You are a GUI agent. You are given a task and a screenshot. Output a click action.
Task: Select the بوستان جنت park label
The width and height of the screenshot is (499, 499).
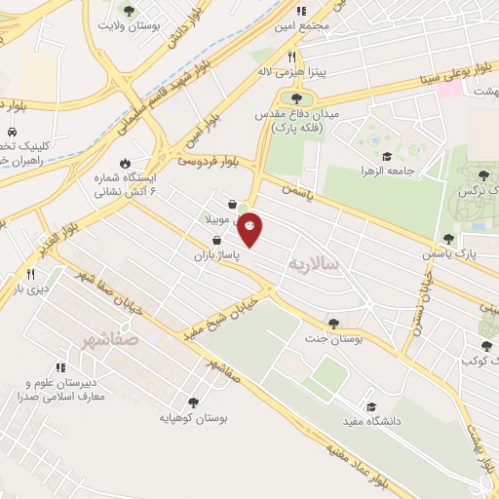click(334, 340)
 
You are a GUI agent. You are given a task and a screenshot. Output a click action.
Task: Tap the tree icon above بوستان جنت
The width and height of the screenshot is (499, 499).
click(334, 323)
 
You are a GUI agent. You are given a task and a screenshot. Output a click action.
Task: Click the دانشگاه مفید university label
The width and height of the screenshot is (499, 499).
click(366, 423)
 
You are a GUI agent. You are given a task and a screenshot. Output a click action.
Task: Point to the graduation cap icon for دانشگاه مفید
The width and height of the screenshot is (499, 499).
click(370, 406)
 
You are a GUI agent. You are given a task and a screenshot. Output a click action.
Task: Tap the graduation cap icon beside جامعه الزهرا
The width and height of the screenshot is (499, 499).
click(387, 156)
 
